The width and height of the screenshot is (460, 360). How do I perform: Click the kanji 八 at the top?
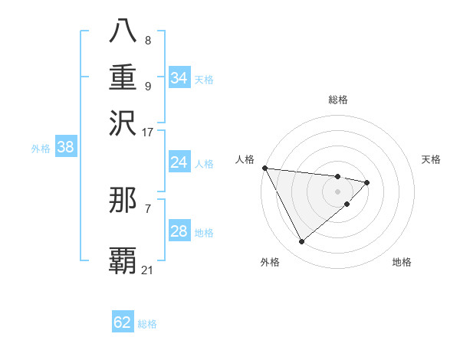point(123,31)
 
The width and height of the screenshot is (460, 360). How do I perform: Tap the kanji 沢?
point(123,123)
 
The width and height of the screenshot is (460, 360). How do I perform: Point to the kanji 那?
point(123,200)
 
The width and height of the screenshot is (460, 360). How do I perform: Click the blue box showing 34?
point(179,78)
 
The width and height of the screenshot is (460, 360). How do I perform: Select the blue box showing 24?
point(179,162)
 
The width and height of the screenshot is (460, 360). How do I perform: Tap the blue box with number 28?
point(179,231)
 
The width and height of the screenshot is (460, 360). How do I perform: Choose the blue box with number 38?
point(65,148)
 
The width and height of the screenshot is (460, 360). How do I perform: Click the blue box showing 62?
point(123,322)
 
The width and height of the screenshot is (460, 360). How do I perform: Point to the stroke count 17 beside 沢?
point(147,132)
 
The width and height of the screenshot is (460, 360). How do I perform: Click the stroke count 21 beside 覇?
point(147,270)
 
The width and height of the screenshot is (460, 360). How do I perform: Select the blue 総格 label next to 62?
point(147,324)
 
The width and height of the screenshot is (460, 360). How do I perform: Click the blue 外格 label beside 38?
point(41,149)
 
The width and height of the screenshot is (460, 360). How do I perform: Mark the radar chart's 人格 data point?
point(264,168)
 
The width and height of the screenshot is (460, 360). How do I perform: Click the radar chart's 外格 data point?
point(301,242)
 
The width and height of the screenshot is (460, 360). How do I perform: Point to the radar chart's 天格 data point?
point(367,182)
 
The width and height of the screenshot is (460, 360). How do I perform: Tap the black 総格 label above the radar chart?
point(337,100)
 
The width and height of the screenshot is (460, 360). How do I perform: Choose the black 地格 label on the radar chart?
point(402,262)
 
